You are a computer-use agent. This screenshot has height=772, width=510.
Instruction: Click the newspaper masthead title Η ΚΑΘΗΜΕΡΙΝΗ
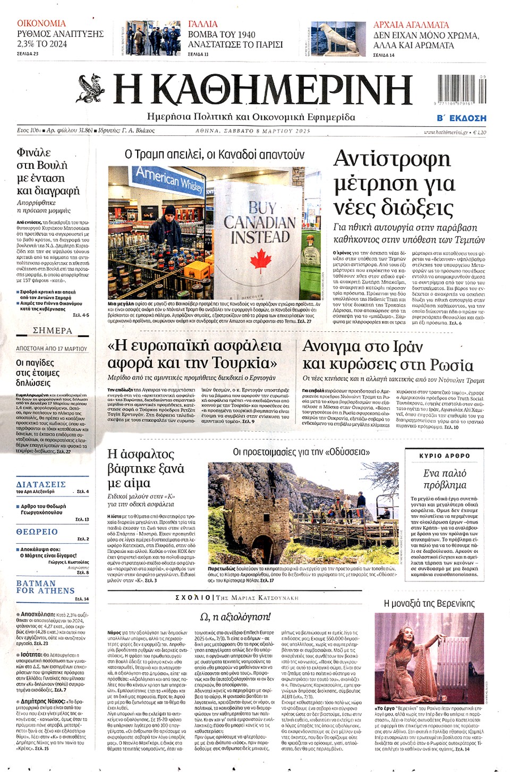[263, 89]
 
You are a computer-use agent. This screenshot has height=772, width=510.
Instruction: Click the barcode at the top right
[460, 89]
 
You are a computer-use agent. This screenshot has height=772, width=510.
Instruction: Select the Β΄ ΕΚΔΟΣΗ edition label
[461, 118]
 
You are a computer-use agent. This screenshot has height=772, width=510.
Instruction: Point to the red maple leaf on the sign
[260, 260]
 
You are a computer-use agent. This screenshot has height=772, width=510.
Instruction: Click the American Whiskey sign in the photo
[169, 179]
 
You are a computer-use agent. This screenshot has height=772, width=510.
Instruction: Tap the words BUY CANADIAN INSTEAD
[260, 222]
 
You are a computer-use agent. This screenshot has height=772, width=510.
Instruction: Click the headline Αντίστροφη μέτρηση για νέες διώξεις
[394, 182]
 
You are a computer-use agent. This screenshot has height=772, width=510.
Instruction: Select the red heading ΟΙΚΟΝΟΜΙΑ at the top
[41, 23]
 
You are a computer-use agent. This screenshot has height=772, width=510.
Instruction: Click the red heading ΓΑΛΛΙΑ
[203, 24]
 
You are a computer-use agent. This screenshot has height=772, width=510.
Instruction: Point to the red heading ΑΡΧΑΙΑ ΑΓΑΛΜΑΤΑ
[411, 24]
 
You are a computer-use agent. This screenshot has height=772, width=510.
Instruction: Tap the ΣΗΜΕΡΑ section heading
[52, 330]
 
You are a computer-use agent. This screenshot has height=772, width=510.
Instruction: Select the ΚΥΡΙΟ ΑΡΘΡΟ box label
[444, 456]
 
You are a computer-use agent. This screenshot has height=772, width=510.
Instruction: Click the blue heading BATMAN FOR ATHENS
[45, 587]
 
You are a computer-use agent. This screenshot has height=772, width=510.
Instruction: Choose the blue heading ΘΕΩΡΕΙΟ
[37, 531]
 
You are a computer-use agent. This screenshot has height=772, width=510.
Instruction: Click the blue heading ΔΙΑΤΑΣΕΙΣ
[41, 484]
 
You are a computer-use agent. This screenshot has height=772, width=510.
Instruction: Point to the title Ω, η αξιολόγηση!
[235, 616]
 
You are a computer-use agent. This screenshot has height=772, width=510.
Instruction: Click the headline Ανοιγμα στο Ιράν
[362, 347]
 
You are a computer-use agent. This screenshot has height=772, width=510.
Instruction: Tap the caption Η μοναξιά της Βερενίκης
[429, 603]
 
